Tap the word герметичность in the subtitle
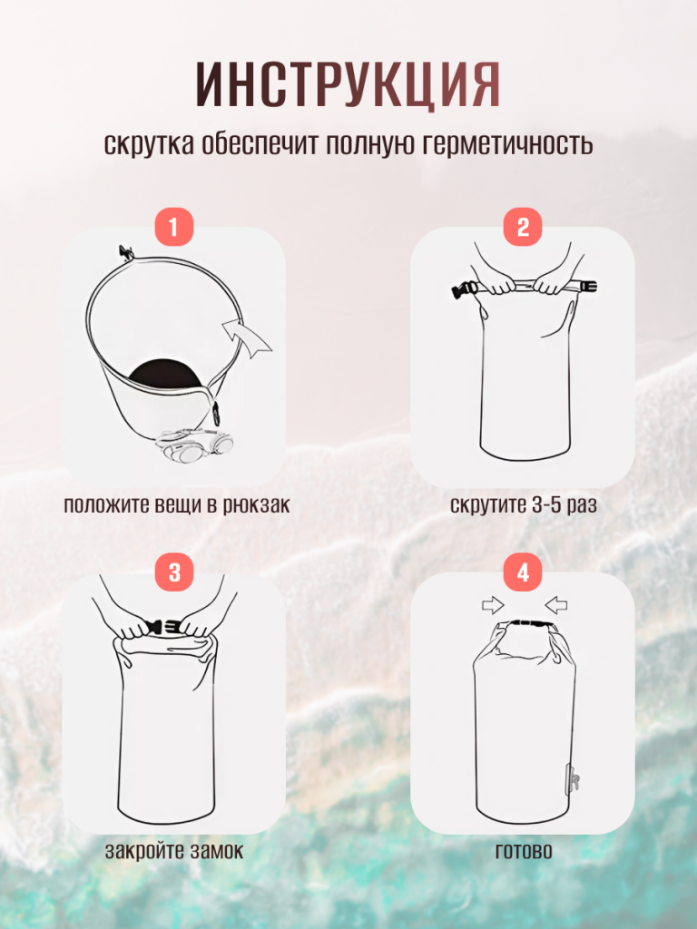[507, 144]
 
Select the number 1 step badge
[173, 227]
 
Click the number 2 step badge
[523, 227]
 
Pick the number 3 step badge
[173, 573]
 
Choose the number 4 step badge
[523, 573]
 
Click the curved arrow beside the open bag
[249, 338]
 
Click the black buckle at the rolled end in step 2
[463, 289]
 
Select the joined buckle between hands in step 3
[163, 628]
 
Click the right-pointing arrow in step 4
[493, 605]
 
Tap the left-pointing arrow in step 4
[556, 605]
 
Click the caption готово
[524, 851]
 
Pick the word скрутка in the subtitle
[150, 144]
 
